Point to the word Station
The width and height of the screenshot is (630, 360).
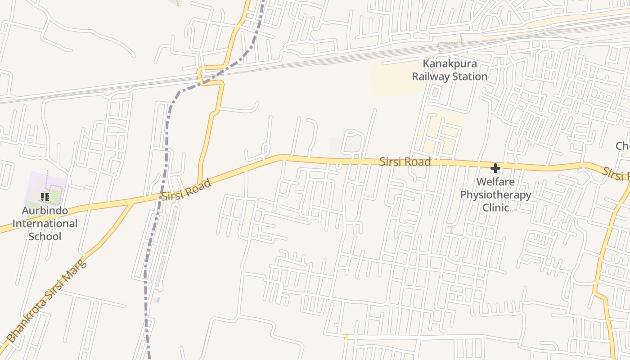click(469, 76)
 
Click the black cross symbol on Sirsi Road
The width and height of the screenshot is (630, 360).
click(495, 169)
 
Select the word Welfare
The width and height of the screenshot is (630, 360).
click(495, 182)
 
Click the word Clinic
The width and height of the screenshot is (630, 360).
click(495, 207)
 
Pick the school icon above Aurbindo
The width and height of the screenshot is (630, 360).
click(45, 197)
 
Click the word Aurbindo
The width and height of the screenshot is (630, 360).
click(45, 211)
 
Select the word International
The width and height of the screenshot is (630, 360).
click(45, 224)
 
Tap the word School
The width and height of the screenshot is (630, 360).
click(45, 236)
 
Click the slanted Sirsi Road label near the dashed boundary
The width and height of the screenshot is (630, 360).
click(186, 190)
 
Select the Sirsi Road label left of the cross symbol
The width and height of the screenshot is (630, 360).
click(405, 162)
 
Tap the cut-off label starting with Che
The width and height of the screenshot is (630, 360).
click(623, 146)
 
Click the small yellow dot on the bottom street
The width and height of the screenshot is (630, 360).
click(346, 337)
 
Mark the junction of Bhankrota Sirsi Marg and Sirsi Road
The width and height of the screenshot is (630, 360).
click(132, 203)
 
